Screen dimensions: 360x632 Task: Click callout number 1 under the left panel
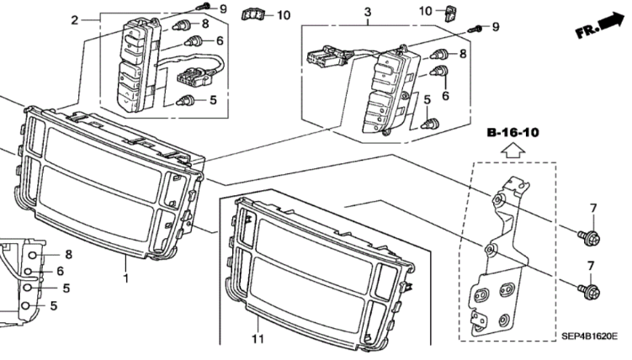125,278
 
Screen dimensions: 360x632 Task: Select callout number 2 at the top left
74,20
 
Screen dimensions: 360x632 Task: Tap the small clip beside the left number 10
251,13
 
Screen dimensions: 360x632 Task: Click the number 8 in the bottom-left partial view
69,254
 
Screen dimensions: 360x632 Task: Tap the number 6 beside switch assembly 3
443,95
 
